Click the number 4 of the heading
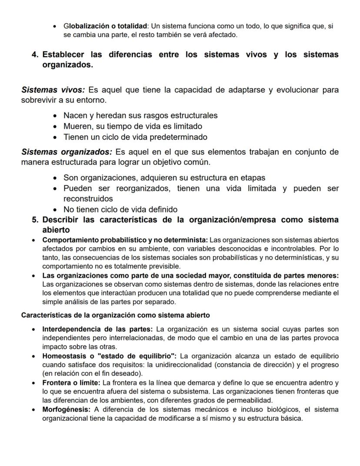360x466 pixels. point(34,55)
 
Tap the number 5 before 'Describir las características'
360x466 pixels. point(34,220)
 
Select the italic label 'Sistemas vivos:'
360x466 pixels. point(53,90)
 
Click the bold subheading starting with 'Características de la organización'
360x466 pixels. point(116,315)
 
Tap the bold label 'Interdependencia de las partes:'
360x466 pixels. point(97,328)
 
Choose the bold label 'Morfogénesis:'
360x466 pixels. point(67,410)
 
